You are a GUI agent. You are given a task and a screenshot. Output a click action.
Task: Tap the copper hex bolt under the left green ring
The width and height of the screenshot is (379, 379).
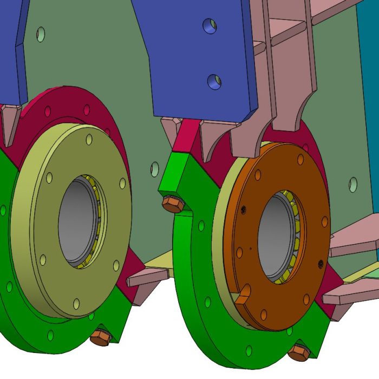point(101,337)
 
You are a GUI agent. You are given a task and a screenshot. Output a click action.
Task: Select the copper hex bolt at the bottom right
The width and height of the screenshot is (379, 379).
point(299,352)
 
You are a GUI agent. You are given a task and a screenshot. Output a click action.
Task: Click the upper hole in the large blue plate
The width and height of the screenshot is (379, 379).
point(210,25)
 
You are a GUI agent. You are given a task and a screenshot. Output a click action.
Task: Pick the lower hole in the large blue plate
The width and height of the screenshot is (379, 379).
point(214,82)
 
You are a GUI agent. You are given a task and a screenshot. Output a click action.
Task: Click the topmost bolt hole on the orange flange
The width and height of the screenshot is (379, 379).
point(300,159)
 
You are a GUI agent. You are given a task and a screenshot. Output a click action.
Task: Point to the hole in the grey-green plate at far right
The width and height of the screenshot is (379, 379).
point(354,184)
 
